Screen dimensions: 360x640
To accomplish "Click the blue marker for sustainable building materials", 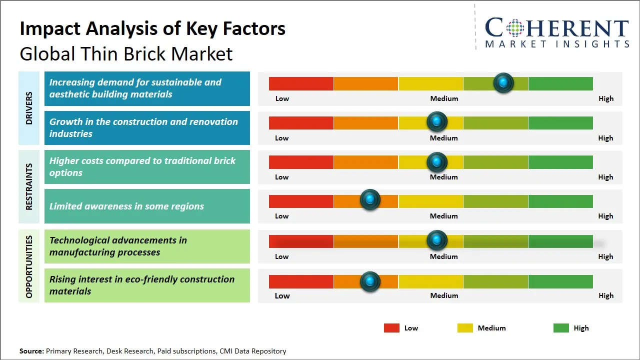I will (503, 83).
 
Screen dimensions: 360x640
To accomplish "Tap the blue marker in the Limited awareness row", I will (370, 200).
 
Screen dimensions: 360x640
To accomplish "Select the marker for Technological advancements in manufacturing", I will (437, 240).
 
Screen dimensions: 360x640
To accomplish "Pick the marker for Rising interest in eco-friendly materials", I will (370, 282).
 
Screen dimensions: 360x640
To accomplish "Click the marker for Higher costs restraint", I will (437, 162).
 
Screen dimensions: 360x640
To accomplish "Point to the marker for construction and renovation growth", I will (437, 121).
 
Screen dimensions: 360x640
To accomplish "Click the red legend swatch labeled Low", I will (391, 328).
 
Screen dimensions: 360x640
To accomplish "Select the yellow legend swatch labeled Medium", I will (465, 328).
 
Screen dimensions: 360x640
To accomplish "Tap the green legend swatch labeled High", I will (561, 328).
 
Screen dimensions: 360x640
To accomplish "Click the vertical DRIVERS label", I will (29, 108).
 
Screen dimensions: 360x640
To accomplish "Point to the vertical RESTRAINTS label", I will (29, 186).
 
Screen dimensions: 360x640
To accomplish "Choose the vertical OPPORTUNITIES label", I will (29, 266).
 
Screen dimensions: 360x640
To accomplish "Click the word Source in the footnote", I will (31, 351).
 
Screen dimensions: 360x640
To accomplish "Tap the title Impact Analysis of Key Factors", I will (152, 28).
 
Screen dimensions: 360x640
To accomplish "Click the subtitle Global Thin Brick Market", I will (126, 53).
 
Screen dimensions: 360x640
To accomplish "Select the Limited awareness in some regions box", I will (147, 206).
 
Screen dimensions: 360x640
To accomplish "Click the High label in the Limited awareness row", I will (605, 216).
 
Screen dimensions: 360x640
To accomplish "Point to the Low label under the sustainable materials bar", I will (282, 98).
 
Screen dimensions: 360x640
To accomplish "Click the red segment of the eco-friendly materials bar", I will (301, 282).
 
